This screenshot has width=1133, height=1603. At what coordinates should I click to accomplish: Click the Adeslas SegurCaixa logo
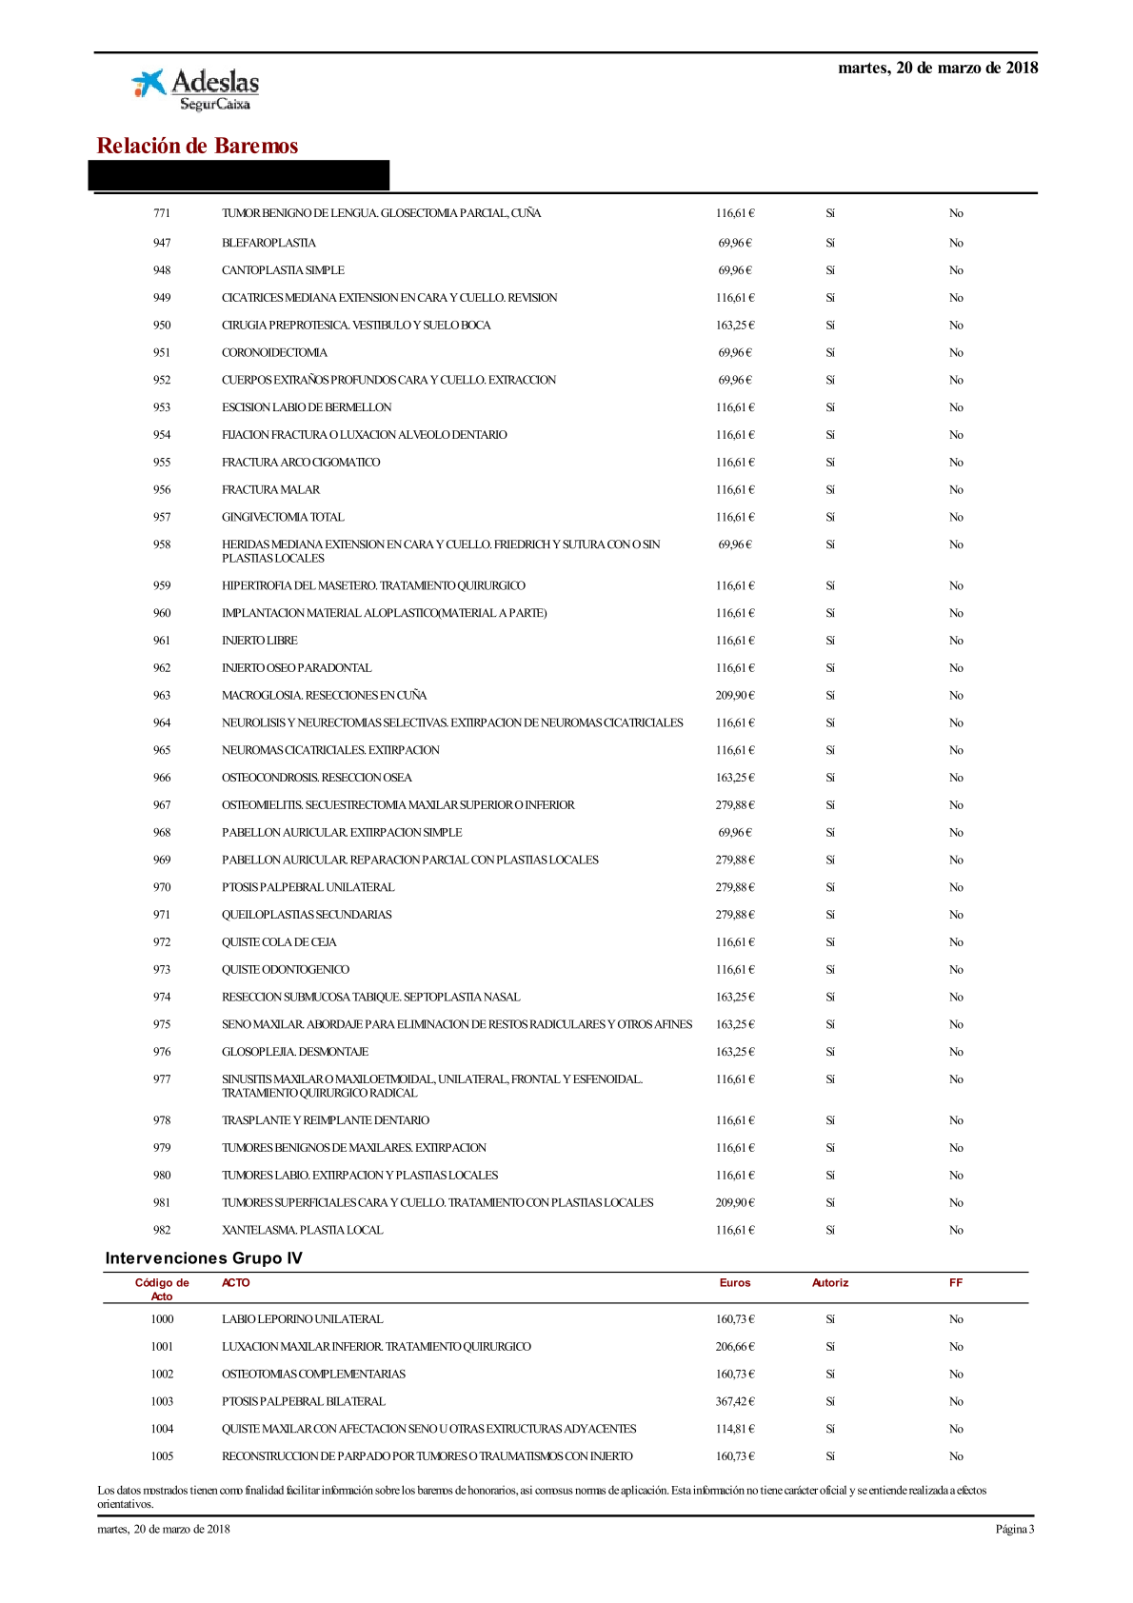[196, 89]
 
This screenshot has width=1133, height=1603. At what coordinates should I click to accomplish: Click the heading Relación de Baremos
[197, 146]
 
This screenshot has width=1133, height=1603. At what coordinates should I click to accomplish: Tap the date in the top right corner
[937, 68]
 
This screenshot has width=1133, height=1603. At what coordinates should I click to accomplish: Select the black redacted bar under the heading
[239, 176]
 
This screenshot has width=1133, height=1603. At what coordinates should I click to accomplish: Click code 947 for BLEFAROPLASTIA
[162, 243]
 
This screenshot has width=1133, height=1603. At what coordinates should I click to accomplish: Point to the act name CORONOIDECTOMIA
[274, 352]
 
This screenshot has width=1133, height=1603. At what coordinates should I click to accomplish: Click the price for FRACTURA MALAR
[734, 489]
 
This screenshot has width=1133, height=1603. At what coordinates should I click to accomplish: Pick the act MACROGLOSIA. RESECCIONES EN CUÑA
[324, 695]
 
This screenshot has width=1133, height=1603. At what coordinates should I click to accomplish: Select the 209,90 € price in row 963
[734, 695]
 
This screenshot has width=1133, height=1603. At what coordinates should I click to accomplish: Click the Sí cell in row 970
[830, 887]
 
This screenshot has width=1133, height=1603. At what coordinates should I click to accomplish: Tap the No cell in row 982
[956, 1230]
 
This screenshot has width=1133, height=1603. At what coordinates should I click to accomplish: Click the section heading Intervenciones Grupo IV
[204, 1258]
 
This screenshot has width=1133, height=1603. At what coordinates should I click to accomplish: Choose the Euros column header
[734, 1283]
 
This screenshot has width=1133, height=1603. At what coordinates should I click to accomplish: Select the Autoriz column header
[830, 1283]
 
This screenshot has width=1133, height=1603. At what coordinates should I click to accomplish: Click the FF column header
[956, 1283]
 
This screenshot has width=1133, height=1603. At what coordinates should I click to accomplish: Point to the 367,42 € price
[734, 1401]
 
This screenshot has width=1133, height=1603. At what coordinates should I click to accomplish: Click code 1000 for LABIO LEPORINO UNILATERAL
[162, 1319]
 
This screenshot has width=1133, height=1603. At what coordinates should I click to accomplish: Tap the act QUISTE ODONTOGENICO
[286, 969]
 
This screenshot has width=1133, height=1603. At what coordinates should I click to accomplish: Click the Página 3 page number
[1014, 1530]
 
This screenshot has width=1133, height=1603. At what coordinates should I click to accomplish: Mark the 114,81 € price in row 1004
[734, 1429]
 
